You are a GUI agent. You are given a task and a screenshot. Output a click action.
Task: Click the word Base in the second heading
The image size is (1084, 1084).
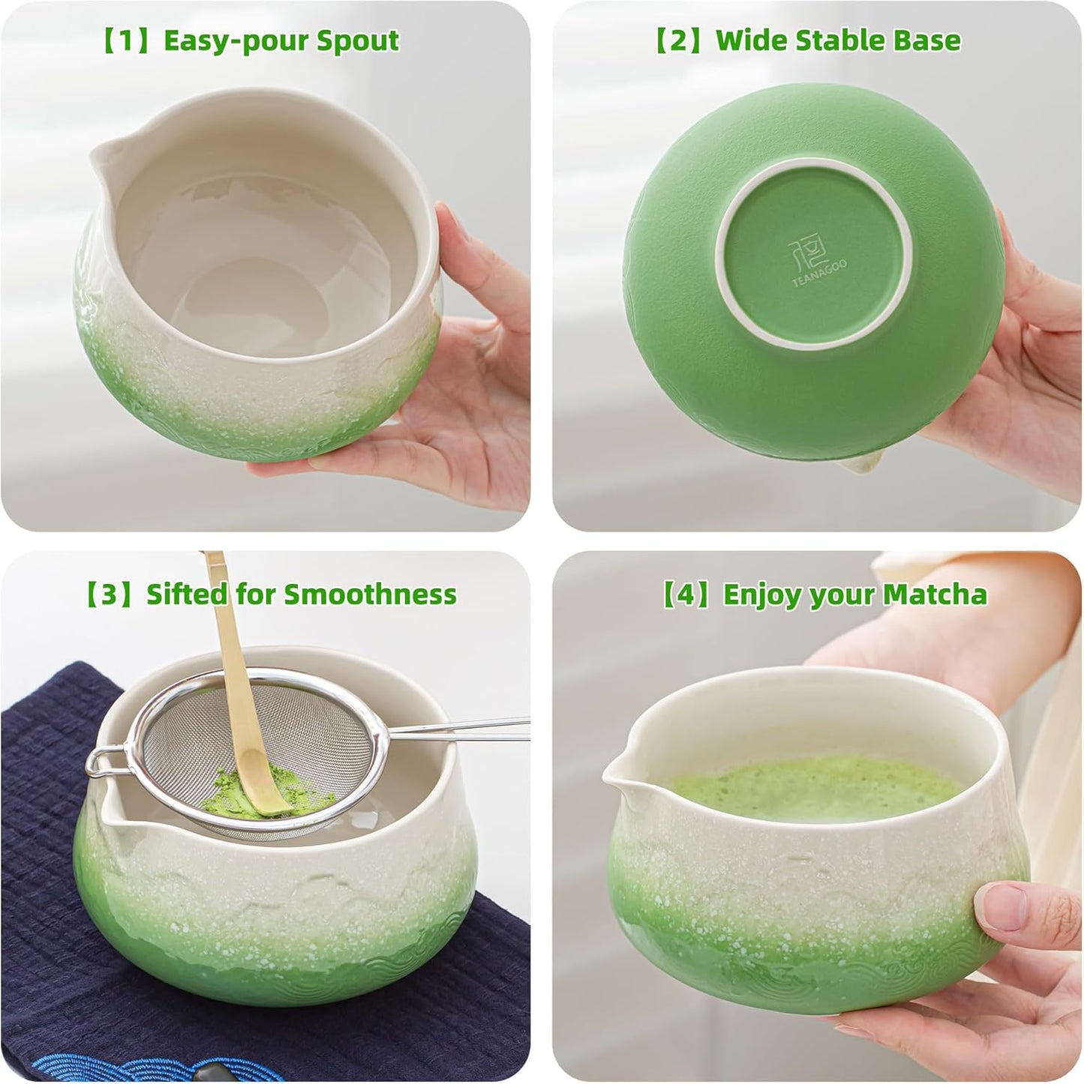(926, 40)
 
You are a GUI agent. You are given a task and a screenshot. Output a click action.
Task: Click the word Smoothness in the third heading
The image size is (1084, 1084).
(370, 594)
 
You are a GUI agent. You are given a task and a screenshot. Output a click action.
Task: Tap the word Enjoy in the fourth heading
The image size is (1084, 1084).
(761, 594)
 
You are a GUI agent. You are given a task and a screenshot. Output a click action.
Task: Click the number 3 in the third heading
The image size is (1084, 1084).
(110, 594)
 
